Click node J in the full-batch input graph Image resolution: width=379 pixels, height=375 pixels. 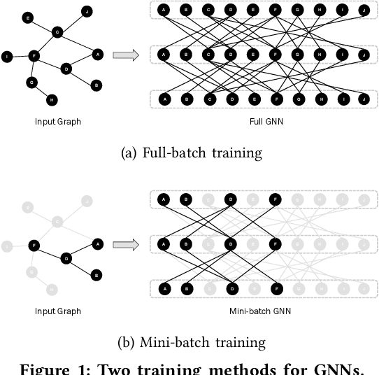[87, 10]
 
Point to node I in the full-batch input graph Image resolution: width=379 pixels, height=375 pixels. [7, 56]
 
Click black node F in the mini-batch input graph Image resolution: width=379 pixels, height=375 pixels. [33, 246]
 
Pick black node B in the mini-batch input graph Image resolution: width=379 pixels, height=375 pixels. [96, 274]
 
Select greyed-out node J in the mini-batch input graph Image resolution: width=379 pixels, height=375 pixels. [87, 201]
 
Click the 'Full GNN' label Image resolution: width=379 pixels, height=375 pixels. [264, 122]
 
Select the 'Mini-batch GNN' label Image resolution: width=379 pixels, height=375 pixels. [264, 311]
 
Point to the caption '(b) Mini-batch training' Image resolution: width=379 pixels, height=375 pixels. [189, 343]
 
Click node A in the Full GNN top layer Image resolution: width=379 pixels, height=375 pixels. [164, 10]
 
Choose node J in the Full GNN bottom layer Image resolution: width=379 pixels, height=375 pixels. [363, 99]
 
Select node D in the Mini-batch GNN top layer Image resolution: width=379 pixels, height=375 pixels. [230, 200]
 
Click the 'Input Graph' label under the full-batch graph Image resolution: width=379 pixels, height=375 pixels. [58, 122]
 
